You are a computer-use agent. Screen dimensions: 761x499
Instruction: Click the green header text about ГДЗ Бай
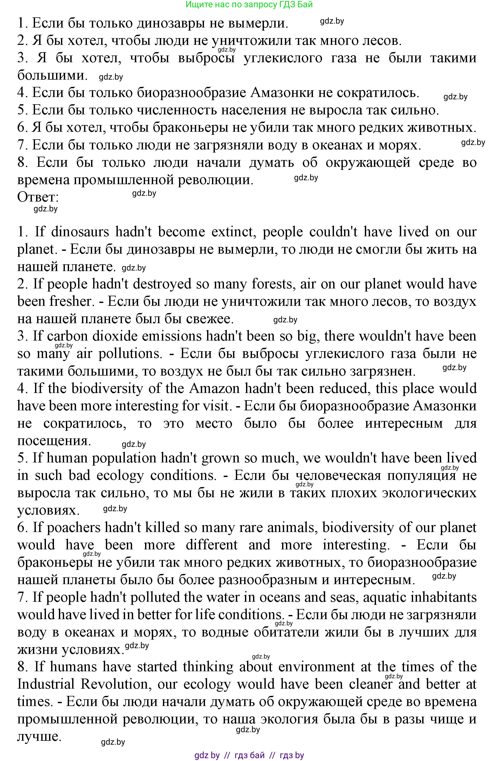pos(249,4)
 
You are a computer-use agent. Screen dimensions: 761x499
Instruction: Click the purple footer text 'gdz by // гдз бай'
pos(249,756)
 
